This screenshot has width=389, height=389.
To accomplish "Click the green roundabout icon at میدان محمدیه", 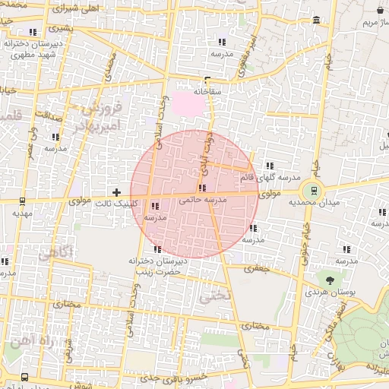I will pos(310,190).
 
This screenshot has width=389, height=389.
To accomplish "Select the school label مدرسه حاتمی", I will pos(201,201).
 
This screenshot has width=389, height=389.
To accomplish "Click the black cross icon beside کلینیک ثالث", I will pos(115,192).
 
